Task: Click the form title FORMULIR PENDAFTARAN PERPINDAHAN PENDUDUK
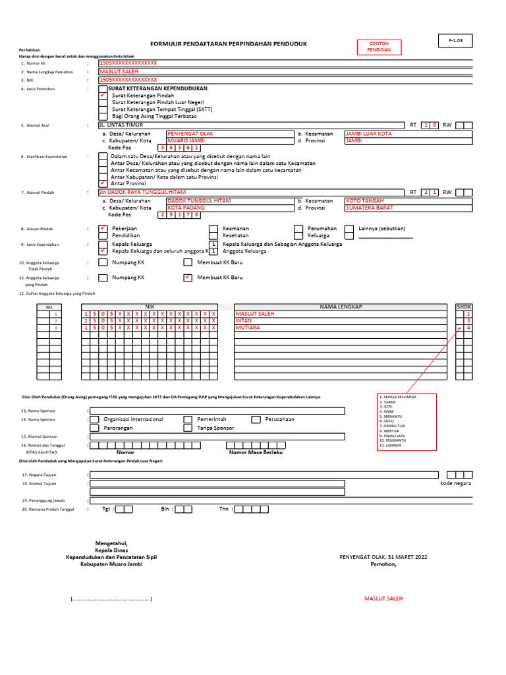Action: pyautogui.click(x=229, y=44)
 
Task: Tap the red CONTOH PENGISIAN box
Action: pyautogui.click(x=378, y=47)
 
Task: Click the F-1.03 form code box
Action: pyautogui.click(x=456, y=41)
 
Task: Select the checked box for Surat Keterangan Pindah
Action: pyautogui.click(x=103, y=96)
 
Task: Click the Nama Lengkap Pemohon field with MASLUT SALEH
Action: pyautogui.click(x=285, y=71)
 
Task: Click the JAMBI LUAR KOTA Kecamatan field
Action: pyautogui.click(x=408, y=134)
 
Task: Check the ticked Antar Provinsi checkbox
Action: pyautogui.click(x=103, y=183)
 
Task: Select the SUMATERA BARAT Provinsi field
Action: pyautogui.click(x=408, y=208)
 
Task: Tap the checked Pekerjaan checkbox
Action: pyautogui.click(x=103, y=229)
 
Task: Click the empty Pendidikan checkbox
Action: pyautogui.click(x=103, y=235)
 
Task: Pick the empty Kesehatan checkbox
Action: pyautogui.click(x=213, y=235)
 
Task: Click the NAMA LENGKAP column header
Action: pyautogui.click(x=341, y=307)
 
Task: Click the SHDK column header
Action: pyautogui.click(x=464, y=307)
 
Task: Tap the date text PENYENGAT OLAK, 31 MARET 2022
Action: pyautogui.click(x=383, y=557)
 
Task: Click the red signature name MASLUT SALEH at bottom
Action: pyautogui.click(x=383, y=599)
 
